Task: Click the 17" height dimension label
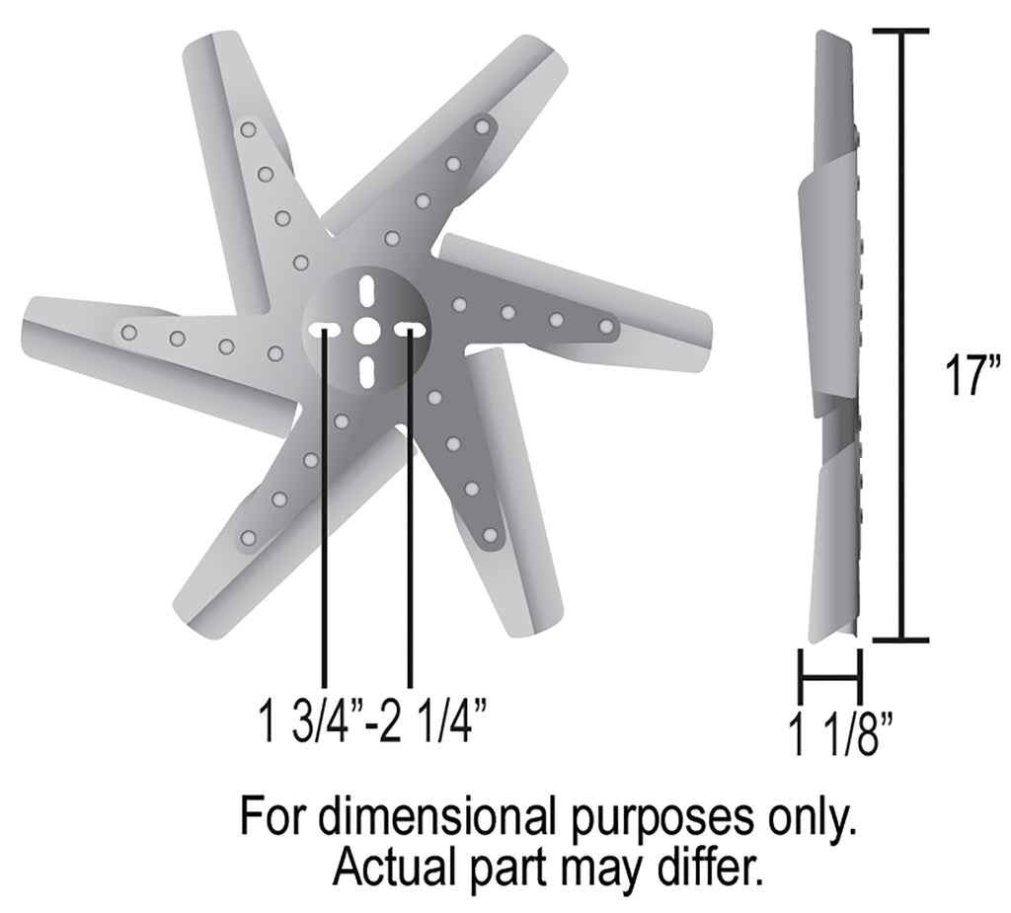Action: (x=970, y=376)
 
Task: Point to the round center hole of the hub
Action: (x=366, y=331)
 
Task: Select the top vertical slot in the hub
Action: (x=366, y=291)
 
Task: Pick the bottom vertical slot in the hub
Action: (x=366, y=371)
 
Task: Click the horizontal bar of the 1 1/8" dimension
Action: (x=830, y=677)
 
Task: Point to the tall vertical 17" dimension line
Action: (x=901, y=336)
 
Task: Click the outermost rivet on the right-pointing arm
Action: (x=606, y=325)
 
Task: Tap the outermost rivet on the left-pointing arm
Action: (x=128, y=333)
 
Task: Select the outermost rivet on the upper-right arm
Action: (x=483, y=127)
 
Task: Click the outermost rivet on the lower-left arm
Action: (x=248, y=538)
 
